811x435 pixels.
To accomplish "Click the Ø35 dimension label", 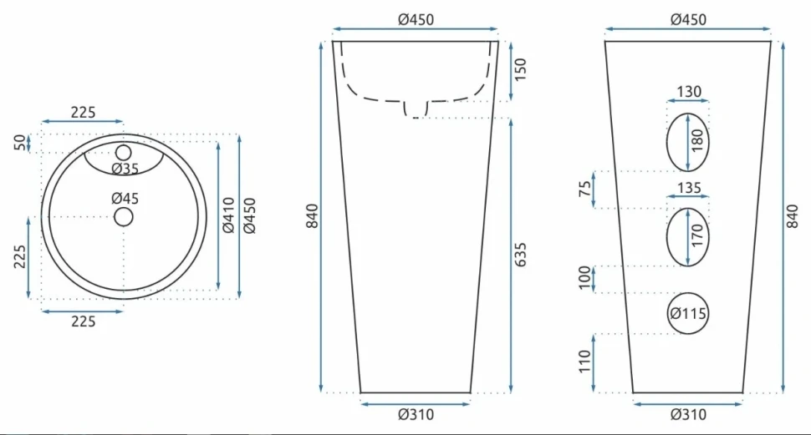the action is coord(125,169).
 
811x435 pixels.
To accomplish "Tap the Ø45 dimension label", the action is coord(125,198).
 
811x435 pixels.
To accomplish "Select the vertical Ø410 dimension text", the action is coord(228,215).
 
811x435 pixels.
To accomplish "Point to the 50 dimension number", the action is coord(19,143).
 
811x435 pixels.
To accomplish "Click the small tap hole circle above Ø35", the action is coord(124,153).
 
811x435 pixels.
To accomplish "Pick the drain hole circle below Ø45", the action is coord(124,217).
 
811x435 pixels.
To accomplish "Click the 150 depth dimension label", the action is coord(520,70).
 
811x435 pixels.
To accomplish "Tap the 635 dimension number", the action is coord(520,255).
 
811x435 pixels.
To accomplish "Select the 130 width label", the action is coord(689,92).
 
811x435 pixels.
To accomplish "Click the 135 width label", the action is coord(689,187).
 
